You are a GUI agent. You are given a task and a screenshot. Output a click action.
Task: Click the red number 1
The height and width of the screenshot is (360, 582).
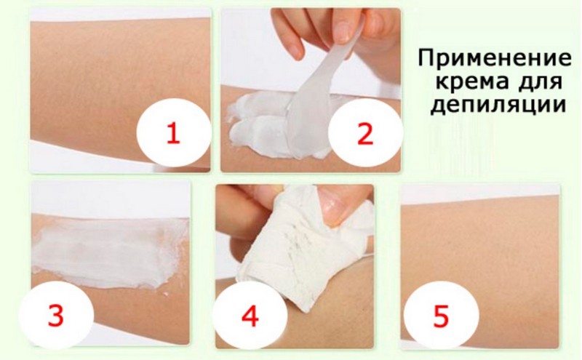click(172, 134)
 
